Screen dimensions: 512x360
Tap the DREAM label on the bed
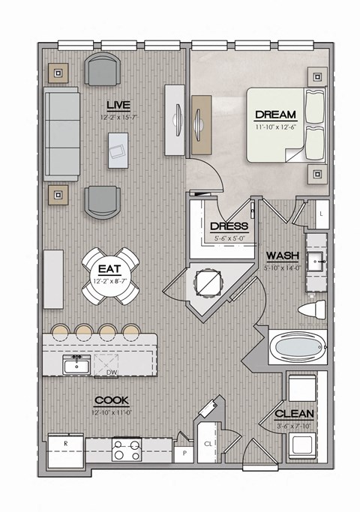pyautogui.click(x=276, y=115)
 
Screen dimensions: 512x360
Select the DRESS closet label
pyautogui.click(x=229, y=226)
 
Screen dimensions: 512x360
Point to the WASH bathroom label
pyautogui.click(x=283, y=255)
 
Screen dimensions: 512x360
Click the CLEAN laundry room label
pyautogui.click(x=294, y=414)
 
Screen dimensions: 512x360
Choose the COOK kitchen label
pyautogui.click(x=112, y=401)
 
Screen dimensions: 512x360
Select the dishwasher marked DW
pyautogui.click(x=112, y=372)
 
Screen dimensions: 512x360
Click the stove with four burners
pyautogui.click(x=127, y=449)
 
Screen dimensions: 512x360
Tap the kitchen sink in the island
pyautogui.click(x=75, y=366)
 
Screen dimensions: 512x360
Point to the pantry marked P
pyautogui.click(x=182, y=453)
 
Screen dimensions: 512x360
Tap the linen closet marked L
pyautogui.click(x=320, y=214)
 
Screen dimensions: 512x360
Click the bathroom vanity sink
pyautogui.click(x=315, y=264)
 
